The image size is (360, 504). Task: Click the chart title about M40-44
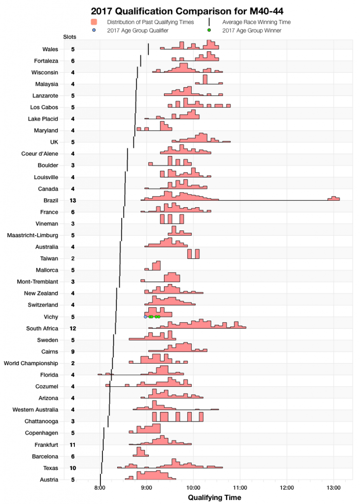tap(179, 11)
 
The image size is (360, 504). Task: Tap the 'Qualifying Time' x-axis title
tap(215, 498)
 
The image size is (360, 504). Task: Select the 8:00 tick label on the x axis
tap(100, 488)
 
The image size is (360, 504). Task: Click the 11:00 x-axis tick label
tap(240, 488)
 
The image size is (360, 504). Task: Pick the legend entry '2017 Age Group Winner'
tap(252, 31)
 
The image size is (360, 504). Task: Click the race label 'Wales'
tap(51, 49)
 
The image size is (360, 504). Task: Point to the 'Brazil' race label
tap(51, 200)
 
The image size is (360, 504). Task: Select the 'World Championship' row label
tap(31, 363)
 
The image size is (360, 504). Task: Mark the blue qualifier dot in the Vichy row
tap(145, 317)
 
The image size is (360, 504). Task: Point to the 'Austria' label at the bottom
tap(50, 479)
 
